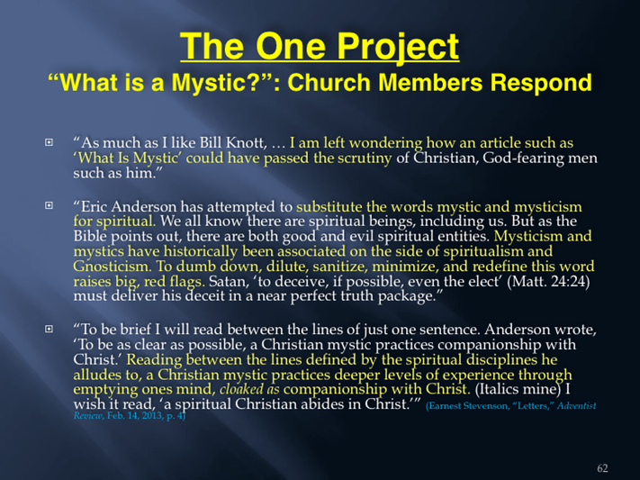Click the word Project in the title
point(398,48)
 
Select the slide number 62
point(602,467)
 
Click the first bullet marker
point(49,142)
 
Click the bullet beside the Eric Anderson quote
point(49,205)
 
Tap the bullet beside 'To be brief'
point(49,328)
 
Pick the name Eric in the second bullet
point(95,206)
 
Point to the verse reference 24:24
point(570,282)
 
